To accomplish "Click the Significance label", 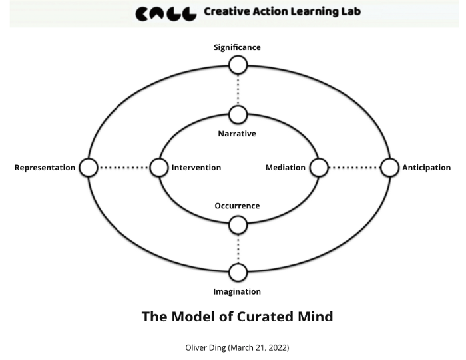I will (x=237, y=47).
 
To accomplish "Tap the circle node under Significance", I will (x=238, y=65).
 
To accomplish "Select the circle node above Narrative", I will (x=238, y=115).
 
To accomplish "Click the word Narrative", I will (x=237, y=134).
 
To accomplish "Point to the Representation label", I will (x=45, y=168).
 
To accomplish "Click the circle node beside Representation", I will (x=89, y=168).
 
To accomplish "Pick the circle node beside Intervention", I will (x=158, y=168).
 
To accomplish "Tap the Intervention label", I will (x=196, y=168).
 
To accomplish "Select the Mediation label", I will (x=285, y=168).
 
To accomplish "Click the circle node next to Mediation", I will (x=319, y=168).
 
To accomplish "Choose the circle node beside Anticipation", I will (x=389, y=168).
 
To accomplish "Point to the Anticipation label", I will (x=426, y=168).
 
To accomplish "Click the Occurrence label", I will (x=237, y=206).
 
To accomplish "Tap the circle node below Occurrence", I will (x=238, y=226).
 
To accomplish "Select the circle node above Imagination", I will (x=238, y=272).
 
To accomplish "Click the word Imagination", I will (x=237, y=291).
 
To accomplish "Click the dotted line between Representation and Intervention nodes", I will (x=124, y=168).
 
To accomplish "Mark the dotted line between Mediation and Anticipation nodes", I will (x=354, y=168).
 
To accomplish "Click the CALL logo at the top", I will (x=166, y=13).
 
